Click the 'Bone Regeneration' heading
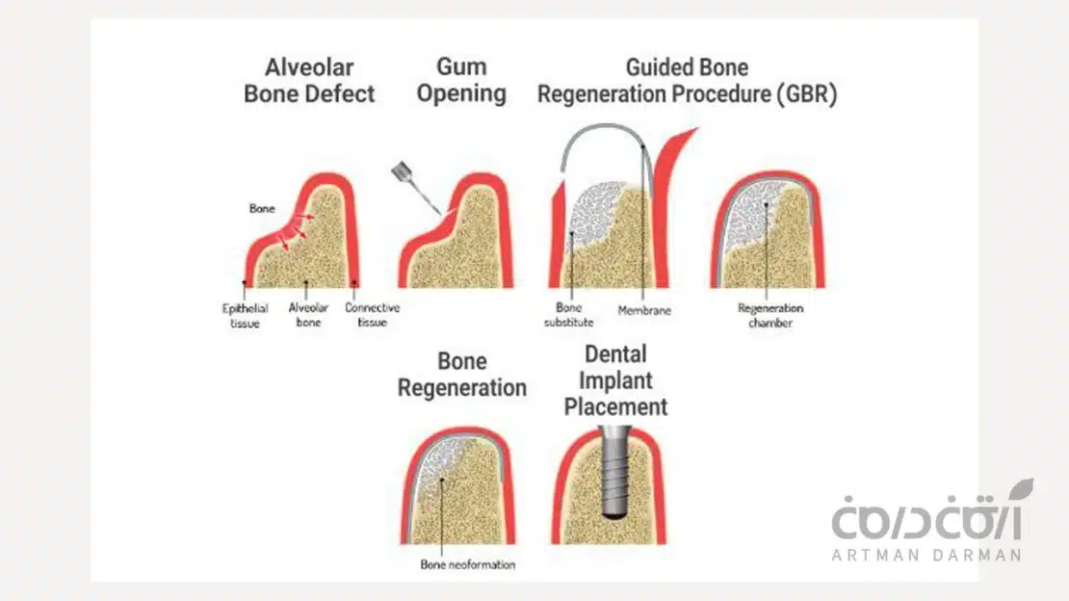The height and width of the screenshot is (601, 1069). coord(462,376)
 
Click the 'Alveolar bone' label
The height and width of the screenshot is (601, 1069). coord(309,315)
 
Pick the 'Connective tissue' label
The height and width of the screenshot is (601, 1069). coord(372,315)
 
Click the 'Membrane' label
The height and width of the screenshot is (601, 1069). coord(644,311)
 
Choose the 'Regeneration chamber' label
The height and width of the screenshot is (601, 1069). coord(770,315)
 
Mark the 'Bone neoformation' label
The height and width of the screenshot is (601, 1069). coord(468,563)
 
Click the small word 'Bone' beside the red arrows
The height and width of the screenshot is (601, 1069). coord(263,208)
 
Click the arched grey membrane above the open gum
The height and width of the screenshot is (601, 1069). coord(603,135)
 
